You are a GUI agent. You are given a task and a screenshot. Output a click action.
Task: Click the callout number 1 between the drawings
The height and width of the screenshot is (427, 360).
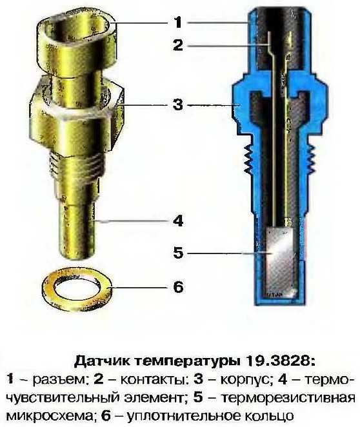(x=178, y=22)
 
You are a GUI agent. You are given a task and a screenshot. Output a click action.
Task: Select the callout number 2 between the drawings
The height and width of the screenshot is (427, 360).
(x=178, y=45)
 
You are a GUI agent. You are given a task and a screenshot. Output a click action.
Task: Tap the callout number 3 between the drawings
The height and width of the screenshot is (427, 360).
(x=178, y=104)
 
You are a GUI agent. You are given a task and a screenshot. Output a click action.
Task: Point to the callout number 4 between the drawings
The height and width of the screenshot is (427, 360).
(x=178, y=221)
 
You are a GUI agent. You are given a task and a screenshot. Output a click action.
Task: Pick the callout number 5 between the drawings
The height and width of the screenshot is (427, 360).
(x=178, y=253)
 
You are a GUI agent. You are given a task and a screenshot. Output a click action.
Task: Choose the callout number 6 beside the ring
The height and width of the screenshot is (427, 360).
(x=178, y=287)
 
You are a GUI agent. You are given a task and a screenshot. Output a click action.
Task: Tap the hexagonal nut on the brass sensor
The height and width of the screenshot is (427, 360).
(x=77, y=117)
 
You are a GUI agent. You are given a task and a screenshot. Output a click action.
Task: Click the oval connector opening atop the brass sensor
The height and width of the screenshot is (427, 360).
(x=77, y=30)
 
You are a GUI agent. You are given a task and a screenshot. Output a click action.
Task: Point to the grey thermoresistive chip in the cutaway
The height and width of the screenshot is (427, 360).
(x=280, y=261)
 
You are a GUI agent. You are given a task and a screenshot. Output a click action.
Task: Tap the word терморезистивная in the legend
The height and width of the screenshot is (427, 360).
(x=288, y=398)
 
